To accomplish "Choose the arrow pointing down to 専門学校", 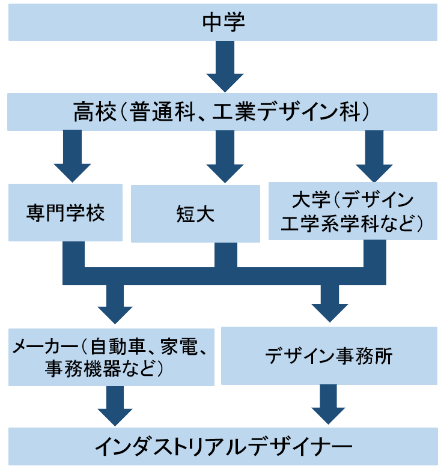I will (71, 155).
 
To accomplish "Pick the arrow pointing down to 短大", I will (225, 155).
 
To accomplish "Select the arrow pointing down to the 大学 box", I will (374, 155).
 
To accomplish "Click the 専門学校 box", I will (65, 213).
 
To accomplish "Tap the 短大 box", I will (195, 213).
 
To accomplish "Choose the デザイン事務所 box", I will (329, 356).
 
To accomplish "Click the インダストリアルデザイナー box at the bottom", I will (223, 446).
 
